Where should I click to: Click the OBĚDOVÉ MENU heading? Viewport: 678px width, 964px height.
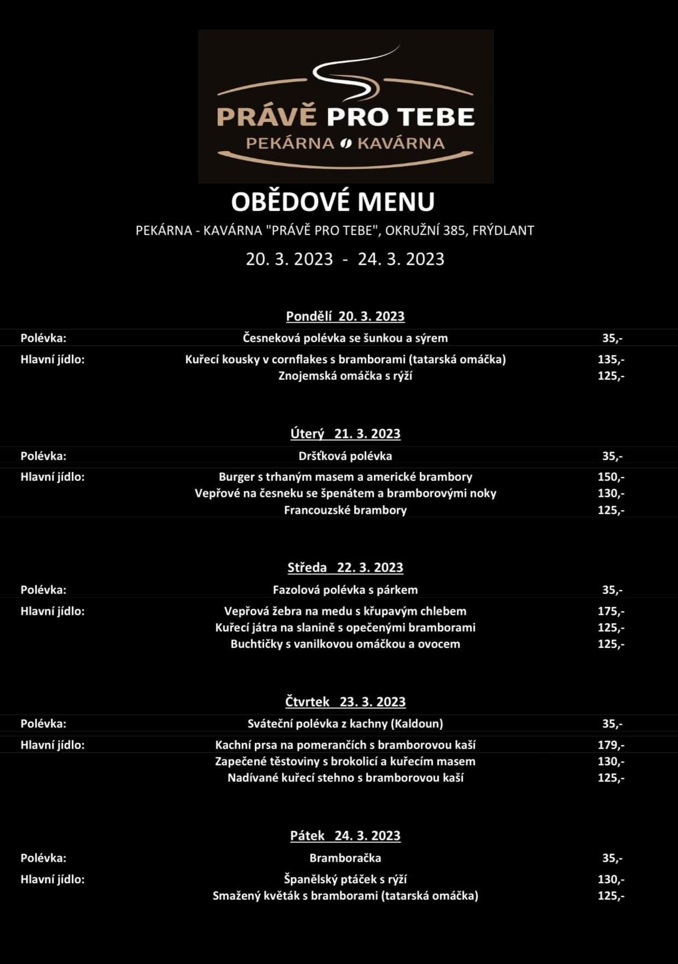click(333, 202)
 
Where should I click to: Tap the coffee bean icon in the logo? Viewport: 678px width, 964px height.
click(345, 144)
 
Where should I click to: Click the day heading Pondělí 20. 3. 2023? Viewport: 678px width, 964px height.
click(345, 316)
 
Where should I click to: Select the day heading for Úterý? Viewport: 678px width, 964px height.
click(345, 434)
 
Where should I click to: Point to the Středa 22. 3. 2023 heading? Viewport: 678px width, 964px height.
click(345, 567)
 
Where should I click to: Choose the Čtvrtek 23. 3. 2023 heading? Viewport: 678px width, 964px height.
click(345, 701)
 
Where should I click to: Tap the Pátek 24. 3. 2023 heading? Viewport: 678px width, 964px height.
click(345, 836)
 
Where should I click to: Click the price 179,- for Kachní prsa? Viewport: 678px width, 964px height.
click(611, 745)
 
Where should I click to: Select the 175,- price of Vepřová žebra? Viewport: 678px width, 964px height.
click(611, 611)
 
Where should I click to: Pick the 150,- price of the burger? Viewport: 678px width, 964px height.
click(611, 477)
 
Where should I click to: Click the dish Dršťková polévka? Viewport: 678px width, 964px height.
click(345, 456)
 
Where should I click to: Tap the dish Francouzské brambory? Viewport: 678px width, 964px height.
click(345, 510)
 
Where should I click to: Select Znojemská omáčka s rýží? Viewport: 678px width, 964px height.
click(345, 376)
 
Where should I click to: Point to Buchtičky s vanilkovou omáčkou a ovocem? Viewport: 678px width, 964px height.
click(345, 644)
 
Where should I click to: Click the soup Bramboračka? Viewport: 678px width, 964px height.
click(345, 858)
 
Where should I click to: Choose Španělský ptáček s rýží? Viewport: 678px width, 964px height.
click(345, 879)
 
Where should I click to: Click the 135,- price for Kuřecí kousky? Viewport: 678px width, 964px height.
click(611, 359)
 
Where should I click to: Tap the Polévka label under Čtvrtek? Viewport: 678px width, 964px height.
click(43, 724)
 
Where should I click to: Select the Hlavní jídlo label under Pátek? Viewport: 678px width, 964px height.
click(52, 879)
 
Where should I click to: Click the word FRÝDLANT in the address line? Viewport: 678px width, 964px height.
click(503, 230)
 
